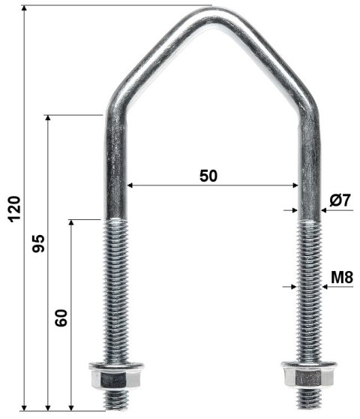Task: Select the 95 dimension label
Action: [x=38, y=243]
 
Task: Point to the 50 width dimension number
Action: [x=208, y=176]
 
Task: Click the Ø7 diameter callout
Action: [x=340, y=200]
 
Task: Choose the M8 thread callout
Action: [x=341, y=277]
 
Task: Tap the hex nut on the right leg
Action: [x=306, y=375]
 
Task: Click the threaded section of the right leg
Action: [x=307, y=293]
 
